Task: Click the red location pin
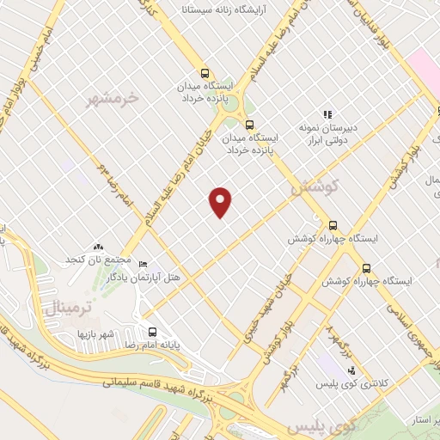pyautogui.click(x=221, y=201)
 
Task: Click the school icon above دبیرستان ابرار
pyautogui.click(x=327, y=114)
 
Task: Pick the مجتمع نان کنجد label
pyautogui.click(x=99, y=260)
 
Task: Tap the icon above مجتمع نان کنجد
pyautogui.click(x=99, y=247)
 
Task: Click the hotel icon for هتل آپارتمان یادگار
pyautogui.click(x=144, y=264)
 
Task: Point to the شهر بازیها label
pyautogui.click(x=95, y=333)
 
